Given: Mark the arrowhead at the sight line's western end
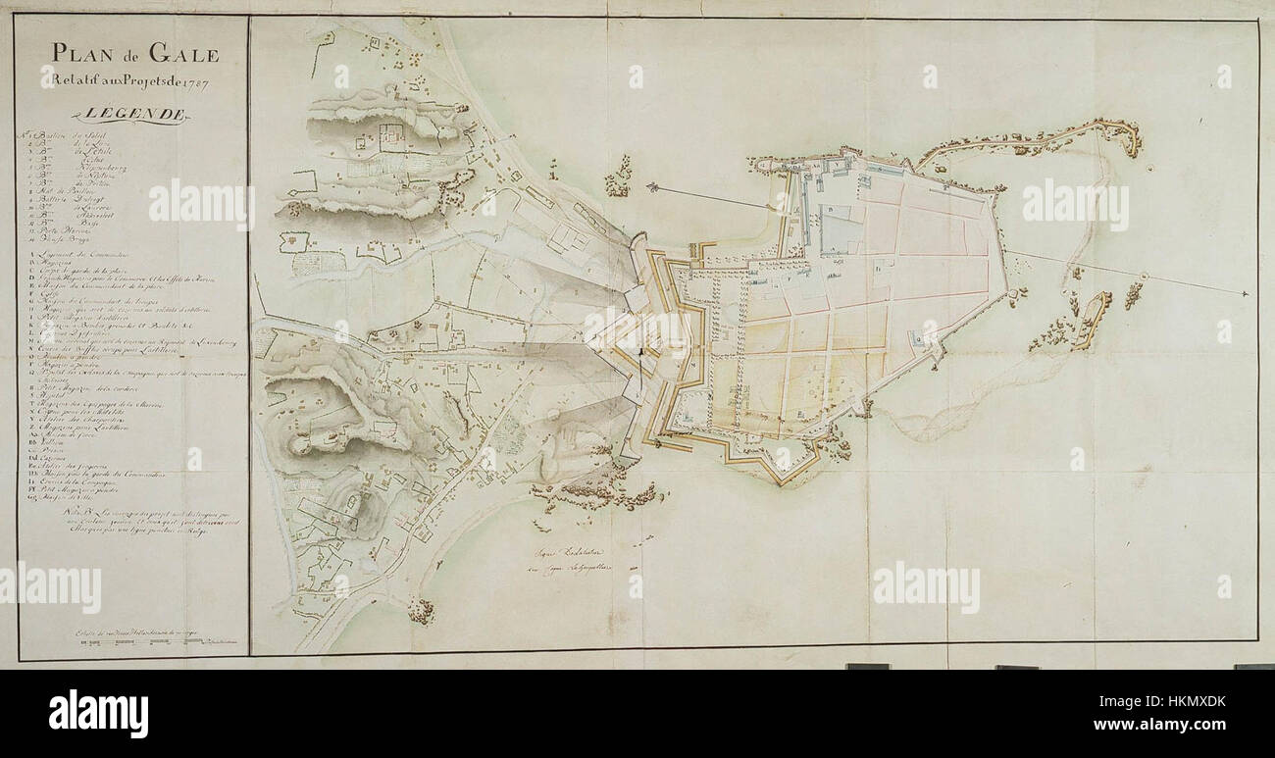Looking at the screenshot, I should point(650,185).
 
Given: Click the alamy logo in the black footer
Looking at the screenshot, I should point(98,713).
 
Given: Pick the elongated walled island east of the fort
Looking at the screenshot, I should point(1092,320).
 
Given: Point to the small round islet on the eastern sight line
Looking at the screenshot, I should point(1146,278).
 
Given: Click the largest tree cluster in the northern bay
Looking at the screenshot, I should point(618,178).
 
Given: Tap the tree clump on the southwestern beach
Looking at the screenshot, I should point(421,611).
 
